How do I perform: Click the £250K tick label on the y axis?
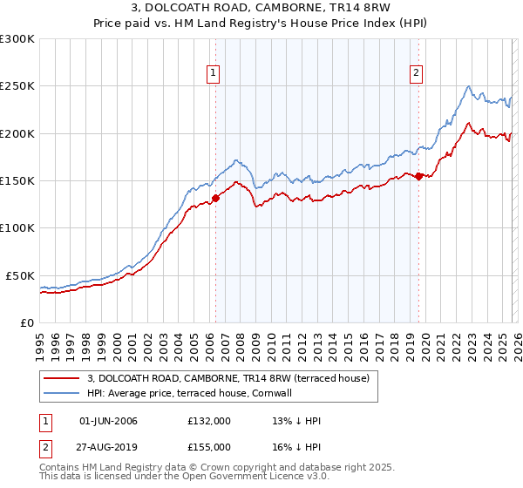(17, 86)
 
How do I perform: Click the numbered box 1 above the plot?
(214, 73)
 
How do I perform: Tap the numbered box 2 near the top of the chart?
(417, 73)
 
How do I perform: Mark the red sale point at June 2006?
(215, 198)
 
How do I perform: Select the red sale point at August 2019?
(418, 176)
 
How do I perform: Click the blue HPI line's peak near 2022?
(469, 86)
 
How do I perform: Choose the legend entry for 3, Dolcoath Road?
(228, 378)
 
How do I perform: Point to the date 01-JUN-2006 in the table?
(108, 421)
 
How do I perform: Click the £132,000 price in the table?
(209, 421)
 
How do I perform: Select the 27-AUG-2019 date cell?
(108, 446)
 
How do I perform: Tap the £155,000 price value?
(209, 446)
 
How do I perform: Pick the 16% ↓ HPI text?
(296, 446)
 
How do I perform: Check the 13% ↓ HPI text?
(296, 421)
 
